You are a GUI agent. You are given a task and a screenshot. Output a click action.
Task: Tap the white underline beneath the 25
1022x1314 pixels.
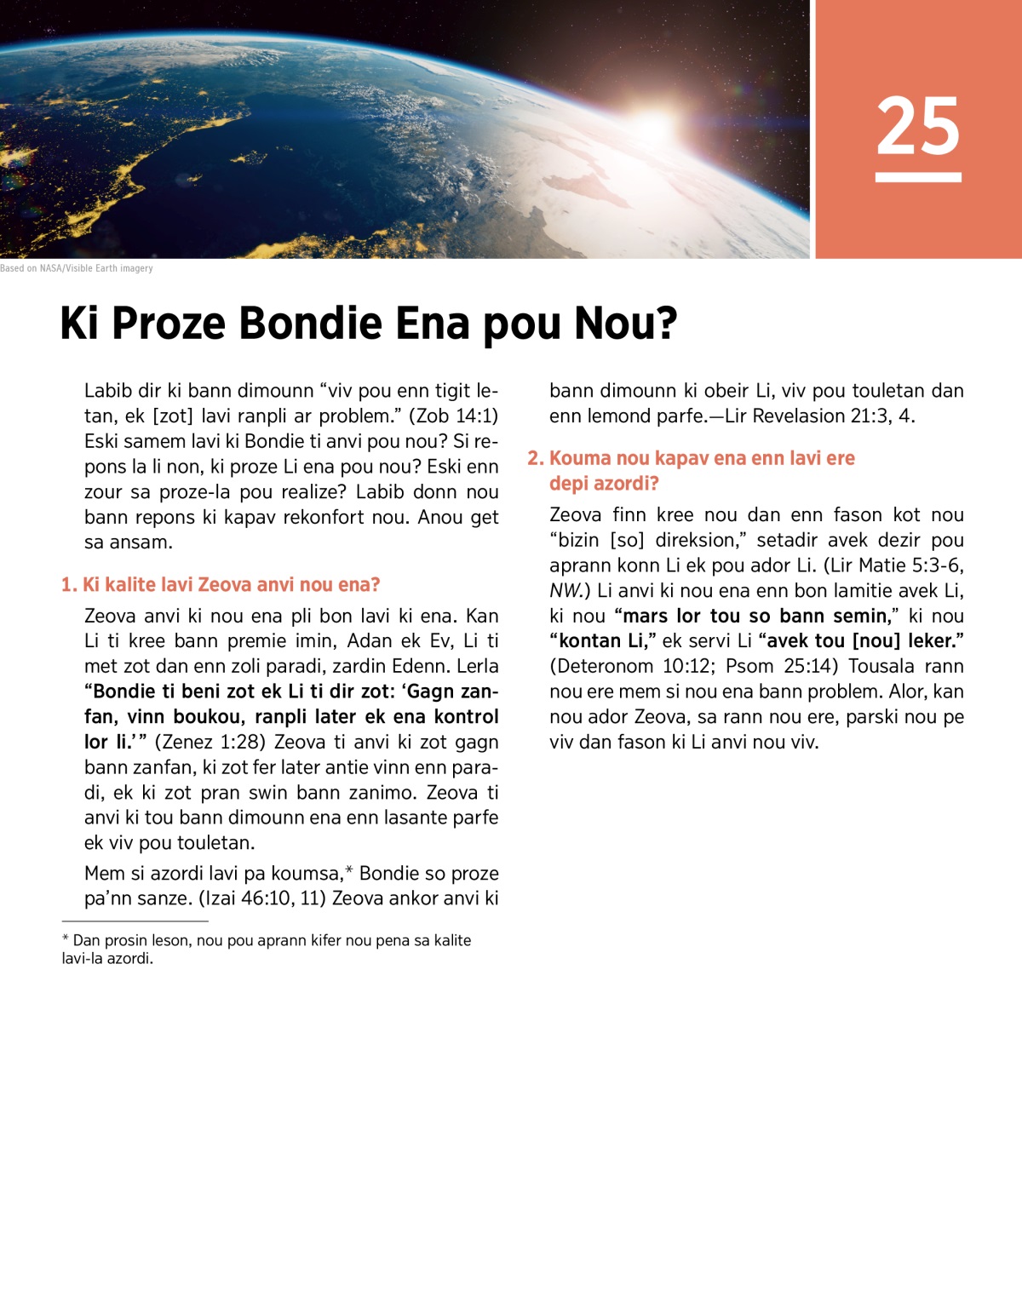click(x=918, y=177)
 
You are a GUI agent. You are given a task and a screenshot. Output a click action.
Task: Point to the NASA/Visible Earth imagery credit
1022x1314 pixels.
click(x=77, y=268)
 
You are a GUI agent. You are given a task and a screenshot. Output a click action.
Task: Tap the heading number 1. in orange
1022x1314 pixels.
click(x=69, y=585)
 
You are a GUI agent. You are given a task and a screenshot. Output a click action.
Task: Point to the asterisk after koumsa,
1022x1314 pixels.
click(x=348, y=871)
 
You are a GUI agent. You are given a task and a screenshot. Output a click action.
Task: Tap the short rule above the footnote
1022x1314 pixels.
click(x=135, y=921)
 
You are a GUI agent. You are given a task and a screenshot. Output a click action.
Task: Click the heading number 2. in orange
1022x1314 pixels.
click(x=536, y=458)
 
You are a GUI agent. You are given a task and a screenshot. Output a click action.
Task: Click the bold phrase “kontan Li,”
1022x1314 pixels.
click(x=602, y=640)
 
